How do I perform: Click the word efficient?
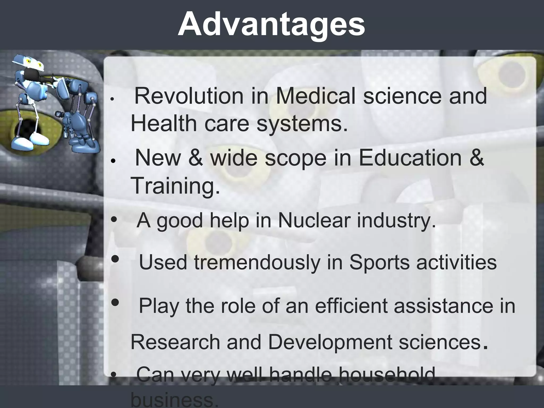pos(351,306)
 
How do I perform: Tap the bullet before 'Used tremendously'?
pos(115,259)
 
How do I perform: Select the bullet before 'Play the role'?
pos(115,302)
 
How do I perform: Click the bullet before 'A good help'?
pos(114,219)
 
